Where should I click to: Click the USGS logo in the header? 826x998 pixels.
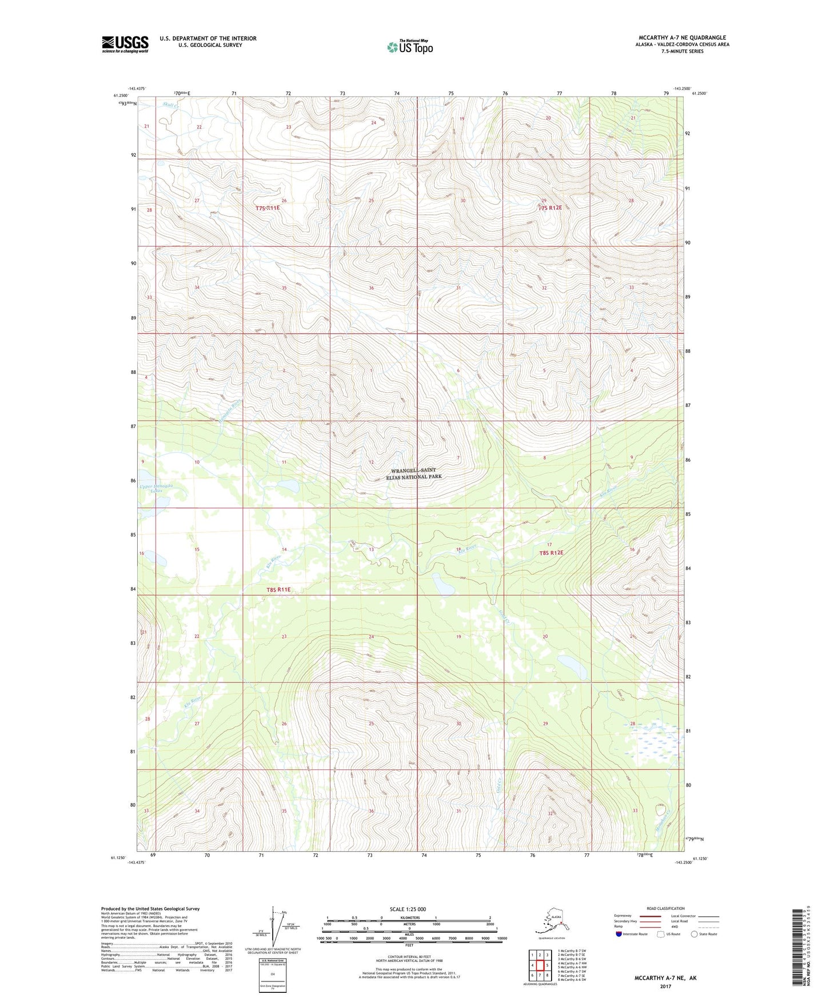click(x=125, y=44)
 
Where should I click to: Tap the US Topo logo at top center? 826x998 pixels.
click(x=410, y=46)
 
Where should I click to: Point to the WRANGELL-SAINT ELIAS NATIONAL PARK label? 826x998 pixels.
click(x=417, y=473)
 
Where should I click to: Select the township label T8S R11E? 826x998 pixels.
click(x=278, y=589)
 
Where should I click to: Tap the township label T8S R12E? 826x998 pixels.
click(x=551, y=553)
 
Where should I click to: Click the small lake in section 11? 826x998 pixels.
click(x=289, y=485)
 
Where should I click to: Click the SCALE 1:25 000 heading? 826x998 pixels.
click(x=408, y=909)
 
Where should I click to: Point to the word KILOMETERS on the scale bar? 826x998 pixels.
click(x=409, y=917)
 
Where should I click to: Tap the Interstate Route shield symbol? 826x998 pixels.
click(x=619, y=933)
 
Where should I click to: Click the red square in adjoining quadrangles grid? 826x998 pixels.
click(x=539, y=965)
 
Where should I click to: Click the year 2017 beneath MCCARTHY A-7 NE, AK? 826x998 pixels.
click(x=665, y=986)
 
